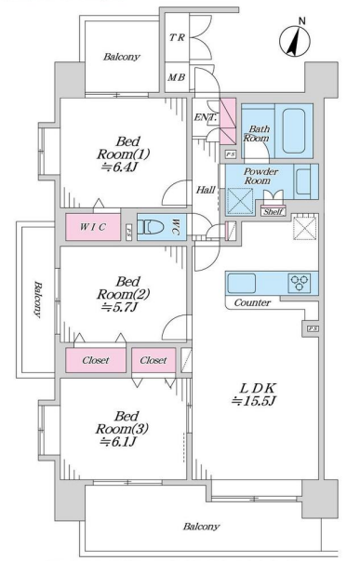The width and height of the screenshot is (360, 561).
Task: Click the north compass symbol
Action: (x=295, y=40)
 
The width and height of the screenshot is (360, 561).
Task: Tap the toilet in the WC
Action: (x=151, y=226)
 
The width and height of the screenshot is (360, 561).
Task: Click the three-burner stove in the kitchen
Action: (x=300, y=283)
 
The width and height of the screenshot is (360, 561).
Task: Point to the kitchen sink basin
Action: (x=242, y=283)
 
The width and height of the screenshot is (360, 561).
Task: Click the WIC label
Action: (x=93, y=226)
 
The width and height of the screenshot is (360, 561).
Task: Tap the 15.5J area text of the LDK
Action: (x=253, y=401)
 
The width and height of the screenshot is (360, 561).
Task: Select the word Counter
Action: (x=252, y=302)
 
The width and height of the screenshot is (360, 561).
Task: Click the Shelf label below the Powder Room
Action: (x=273, y=212)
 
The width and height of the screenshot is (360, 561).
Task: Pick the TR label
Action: (x=177, y=37)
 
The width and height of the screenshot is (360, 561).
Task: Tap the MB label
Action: (x=177, y=77)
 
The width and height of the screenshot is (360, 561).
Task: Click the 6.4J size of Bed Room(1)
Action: (x=119, y=167)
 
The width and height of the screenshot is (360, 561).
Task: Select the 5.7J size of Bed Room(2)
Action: (x=119, y=307)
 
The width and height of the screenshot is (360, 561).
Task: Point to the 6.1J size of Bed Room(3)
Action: (x=118, y=442)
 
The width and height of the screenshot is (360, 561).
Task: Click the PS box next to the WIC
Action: (x=128, y=232)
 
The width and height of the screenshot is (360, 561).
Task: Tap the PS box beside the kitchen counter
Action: (x=313, y=328)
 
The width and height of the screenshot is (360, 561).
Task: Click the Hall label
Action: (x=206, y=190)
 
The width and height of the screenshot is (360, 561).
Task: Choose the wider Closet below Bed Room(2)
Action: (x=96, y=360)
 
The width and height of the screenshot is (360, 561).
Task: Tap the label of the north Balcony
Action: (x=122, y=57)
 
